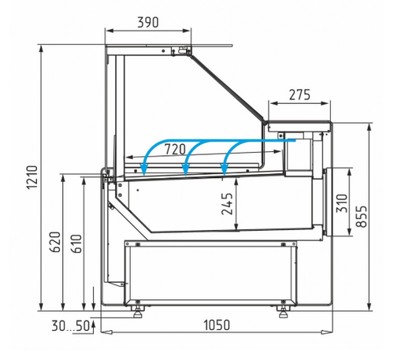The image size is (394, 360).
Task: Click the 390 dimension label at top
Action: (148, 22)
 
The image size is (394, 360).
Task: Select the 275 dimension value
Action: (299, 95)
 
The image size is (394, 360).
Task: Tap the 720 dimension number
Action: (175, 149)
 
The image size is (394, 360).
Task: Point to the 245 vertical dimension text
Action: (227, 204)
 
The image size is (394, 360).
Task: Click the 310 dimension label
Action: (342, 203)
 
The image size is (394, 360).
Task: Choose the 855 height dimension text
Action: (362, 216)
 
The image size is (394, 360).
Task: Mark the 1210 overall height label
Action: (32, 177)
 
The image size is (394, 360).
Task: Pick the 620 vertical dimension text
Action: (55, 242)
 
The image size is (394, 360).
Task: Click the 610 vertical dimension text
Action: (76, 243)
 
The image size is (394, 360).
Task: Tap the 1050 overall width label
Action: (217, 325)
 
